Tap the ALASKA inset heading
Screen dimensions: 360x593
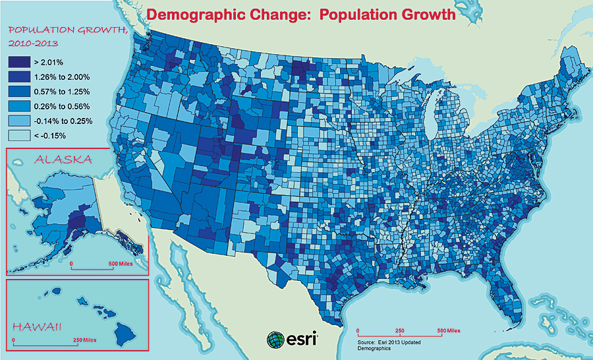coord(64,160)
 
